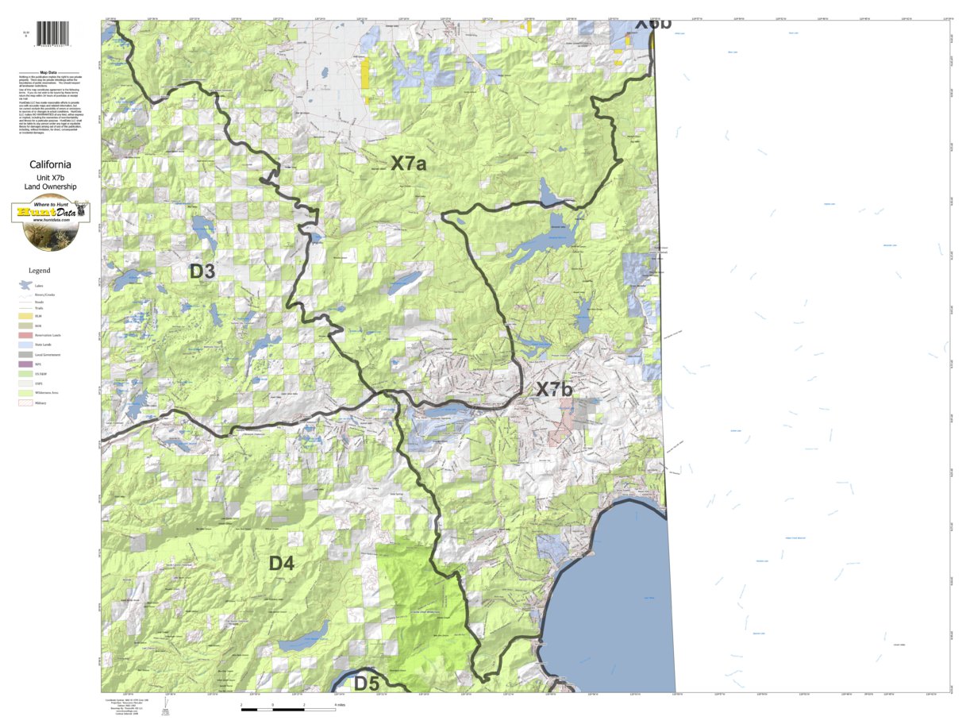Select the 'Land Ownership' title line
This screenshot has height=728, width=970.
click(x=51, y=187)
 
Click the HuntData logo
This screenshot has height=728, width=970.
click(x=51, y=221)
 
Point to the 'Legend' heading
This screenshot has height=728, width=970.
click(x=40, y=271)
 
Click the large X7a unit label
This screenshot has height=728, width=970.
click(x=409, y=164)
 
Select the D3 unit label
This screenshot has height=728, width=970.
click(x=202, y=272)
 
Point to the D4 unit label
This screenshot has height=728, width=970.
click(x=282, y=564)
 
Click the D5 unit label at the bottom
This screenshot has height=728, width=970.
click(x=367, y=683)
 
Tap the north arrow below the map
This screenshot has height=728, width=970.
click(x=165, y=706)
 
